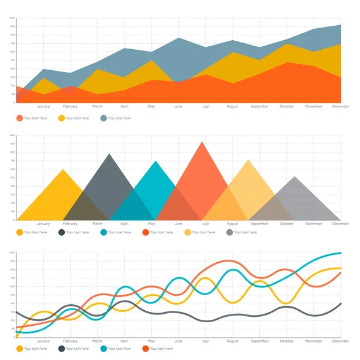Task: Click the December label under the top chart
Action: (340, 106)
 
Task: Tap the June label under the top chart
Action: (178, 106)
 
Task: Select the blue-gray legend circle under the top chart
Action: (104, 118)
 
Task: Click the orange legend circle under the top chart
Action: (20, 118)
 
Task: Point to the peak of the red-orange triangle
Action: (202, 142)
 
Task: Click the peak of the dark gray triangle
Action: (109, 154)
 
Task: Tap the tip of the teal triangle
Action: (156, 161)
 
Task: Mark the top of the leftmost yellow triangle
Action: (63, 169)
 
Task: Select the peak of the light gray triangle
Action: (294, 176)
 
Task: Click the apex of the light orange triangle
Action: (248, 160)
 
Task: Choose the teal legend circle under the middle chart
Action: (104, 232)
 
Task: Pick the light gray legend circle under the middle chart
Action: (230, 232)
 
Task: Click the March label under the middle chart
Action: (97, 224)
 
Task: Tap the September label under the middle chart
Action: (259, 224)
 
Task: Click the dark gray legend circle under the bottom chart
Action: (62, 348)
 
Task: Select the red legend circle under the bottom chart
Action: (146, 348)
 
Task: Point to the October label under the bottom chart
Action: (286, 341)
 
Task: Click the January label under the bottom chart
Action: (43, 341)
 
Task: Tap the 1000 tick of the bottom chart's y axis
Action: (12, 253)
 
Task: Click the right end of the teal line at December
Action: (340, 253)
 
